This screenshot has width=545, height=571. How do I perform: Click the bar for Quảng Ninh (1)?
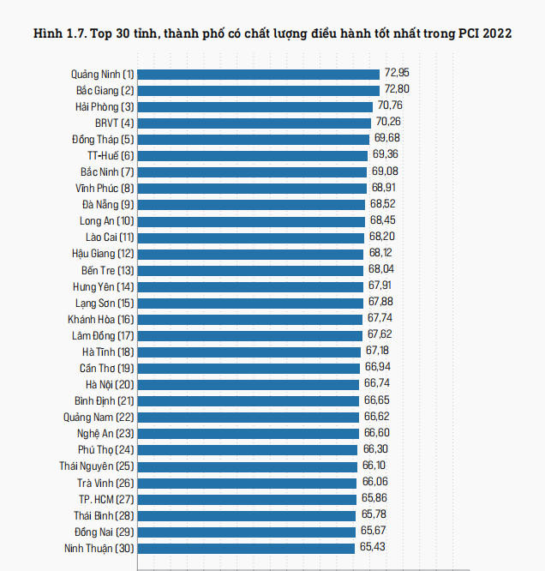tap(258, 74)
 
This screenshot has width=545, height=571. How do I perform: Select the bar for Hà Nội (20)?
tap(249, 384)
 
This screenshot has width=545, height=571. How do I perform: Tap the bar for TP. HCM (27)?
tap(247, 498)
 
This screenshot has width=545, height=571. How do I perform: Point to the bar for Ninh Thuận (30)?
tap(246, 547)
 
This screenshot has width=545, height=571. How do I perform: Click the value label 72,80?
tap(396, 89)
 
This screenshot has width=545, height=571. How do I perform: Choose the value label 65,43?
tap(372, 546)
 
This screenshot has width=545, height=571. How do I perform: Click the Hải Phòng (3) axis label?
tap(104, 106)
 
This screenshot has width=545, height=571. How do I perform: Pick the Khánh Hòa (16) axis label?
tap(101, 319)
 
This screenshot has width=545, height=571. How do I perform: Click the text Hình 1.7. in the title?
tap(58, 33)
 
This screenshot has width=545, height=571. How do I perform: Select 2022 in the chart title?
tap(495, 33)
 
